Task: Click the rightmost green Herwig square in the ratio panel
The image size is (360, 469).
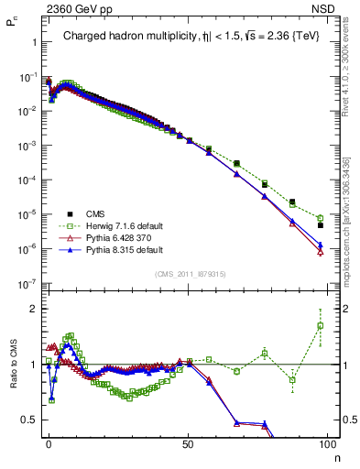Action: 320,325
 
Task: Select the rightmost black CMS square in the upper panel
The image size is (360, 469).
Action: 320,225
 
